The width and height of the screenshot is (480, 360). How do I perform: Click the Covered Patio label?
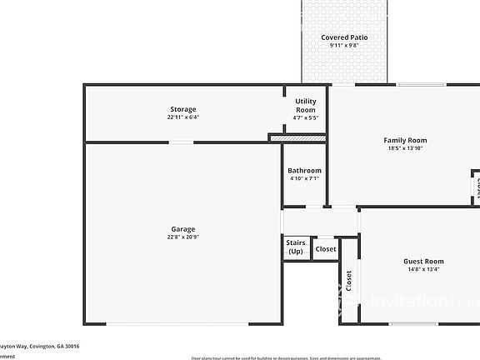tap(344, 37)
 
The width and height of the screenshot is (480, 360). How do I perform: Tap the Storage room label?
tap(183, 109)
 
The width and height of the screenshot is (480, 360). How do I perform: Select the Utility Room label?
tap(306, 105)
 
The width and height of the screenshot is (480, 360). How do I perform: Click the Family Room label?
tap(405, 140)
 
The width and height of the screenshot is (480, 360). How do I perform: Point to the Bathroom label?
tap(304, 171)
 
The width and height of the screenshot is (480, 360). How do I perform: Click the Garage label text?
tap(183, 229)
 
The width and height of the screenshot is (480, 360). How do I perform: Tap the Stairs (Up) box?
tap(296, 247)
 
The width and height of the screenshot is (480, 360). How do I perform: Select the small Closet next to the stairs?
tap(326, 248)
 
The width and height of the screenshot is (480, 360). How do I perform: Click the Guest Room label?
tap(423, 261)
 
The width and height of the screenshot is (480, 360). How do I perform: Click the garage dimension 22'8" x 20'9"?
tap(183, 237)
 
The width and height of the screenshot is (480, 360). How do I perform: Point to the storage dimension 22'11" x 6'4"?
tap(183, 117)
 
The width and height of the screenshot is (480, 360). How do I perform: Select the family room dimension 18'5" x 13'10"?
tap(405, 148)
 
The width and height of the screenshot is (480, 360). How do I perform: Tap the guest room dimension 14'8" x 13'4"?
tap(423, 269)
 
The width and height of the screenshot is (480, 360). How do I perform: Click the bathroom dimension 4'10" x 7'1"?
tap(304, 178)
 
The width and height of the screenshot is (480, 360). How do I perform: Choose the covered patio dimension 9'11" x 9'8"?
tap(344, 46)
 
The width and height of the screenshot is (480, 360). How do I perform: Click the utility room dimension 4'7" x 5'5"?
tap(306, 117)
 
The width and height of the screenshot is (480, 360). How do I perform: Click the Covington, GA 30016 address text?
tap(42, 345)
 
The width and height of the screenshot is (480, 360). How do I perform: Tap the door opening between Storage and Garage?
tap(181, 142)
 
